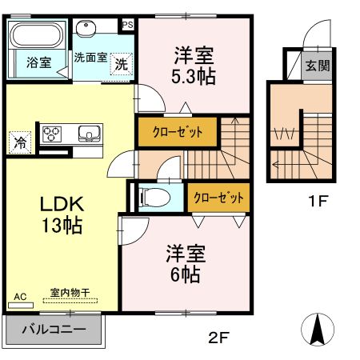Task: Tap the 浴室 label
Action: (38, 63)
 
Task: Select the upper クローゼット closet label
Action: (174, 131)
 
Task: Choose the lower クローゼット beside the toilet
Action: (216, 197)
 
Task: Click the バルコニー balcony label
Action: (54, 329)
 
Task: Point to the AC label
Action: (20, 297)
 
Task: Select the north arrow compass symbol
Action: (318, 328)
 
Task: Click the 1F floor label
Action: (318, 200)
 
